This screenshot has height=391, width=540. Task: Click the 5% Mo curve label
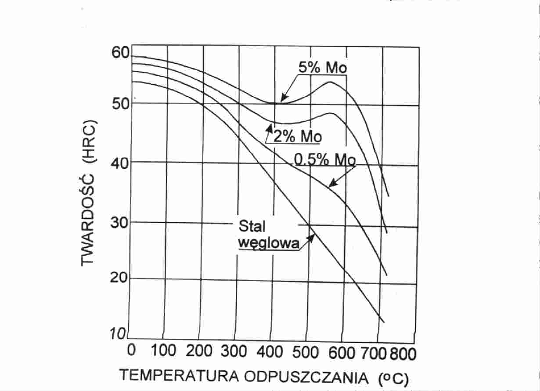point(323,68)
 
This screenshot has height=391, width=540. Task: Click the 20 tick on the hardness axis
point(119,278)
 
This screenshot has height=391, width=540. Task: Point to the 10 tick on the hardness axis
point(118,334)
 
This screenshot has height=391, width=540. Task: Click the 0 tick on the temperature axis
point(131,351)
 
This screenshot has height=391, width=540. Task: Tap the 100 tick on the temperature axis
point(164,351)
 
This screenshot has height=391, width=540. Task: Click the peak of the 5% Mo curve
point(330,82)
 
